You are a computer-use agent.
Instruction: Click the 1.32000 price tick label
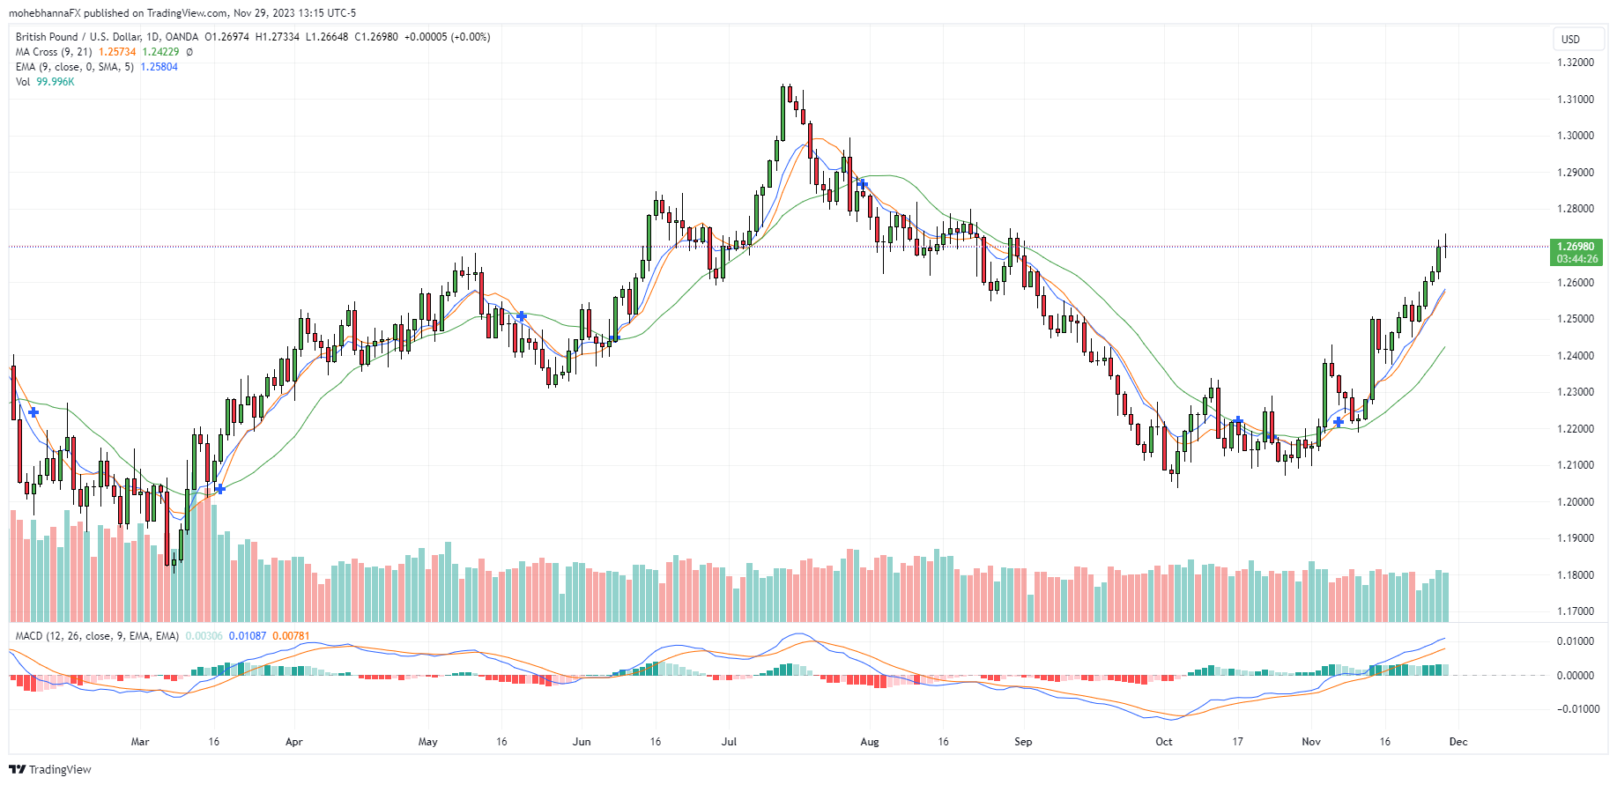[x=1575, y=63]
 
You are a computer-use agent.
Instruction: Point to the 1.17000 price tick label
[x=1575, y=611]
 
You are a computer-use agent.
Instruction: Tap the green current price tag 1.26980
[x=1576, y=247]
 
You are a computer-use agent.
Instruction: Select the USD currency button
[x=1570, y=39]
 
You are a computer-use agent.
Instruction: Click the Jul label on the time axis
[x=729, y=742]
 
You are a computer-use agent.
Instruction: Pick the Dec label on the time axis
[x=1458, y=742]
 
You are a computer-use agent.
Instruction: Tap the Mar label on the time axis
[x=140, y=742]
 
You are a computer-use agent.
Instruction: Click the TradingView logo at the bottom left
[x=50, y=769]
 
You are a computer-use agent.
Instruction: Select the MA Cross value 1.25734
[x=117, y=52]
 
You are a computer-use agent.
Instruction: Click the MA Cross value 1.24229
[x=160, y=52]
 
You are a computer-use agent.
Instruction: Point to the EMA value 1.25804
[x=159, y=67]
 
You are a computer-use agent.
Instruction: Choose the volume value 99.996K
[x=56, y=82]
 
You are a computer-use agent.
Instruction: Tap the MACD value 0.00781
[x=291, y=636]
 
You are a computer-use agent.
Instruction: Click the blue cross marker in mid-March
[x=219, y=489]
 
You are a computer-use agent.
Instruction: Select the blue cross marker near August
[x=864, y=184]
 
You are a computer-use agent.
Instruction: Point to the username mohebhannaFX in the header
[x=45, y=13]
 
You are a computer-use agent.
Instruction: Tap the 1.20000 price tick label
[x=1575, y=501]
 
